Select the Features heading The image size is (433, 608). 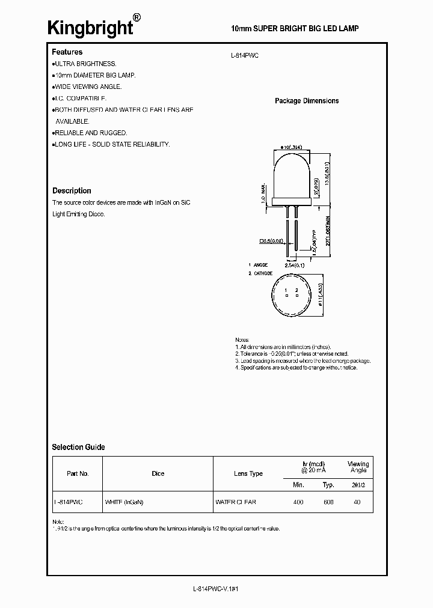[x=67, y=52]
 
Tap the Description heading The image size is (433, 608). [x=72, y=190]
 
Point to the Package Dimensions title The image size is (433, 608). [x=307, y=101]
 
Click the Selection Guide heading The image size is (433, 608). [x=78, y=447]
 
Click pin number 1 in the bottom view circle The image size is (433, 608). [x=287, y=290]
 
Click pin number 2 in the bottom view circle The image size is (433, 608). [x=296, y=290]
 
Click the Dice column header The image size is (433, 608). [x=158, y=473]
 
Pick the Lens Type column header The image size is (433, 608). [x=248, y=473]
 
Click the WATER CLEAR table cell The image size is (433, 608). [x=235, y=502]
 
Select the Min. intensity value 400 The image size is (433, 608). [x=298, y=502]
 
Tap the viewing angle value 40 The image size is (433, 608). [x=357, y=502]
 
